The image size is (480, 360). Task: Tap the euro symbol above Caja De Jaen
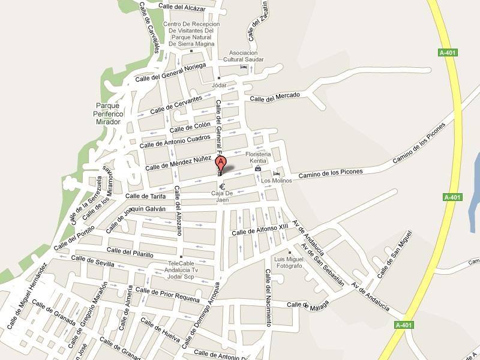tap(221, 186)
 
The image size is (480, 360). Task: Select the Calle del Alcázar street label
tap(182, 7)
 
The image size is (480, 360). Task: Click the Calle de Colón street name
tap(190, 128)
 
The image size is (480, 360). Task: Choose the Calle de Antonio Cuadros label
tap(174, 141)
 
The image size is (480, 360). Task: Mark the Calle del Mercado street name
tap(275, 98)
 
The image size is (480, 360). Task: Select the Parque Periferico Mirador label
tap(108, 113)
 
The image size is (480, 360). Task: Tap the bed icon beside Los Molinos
tap(276, 174)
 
